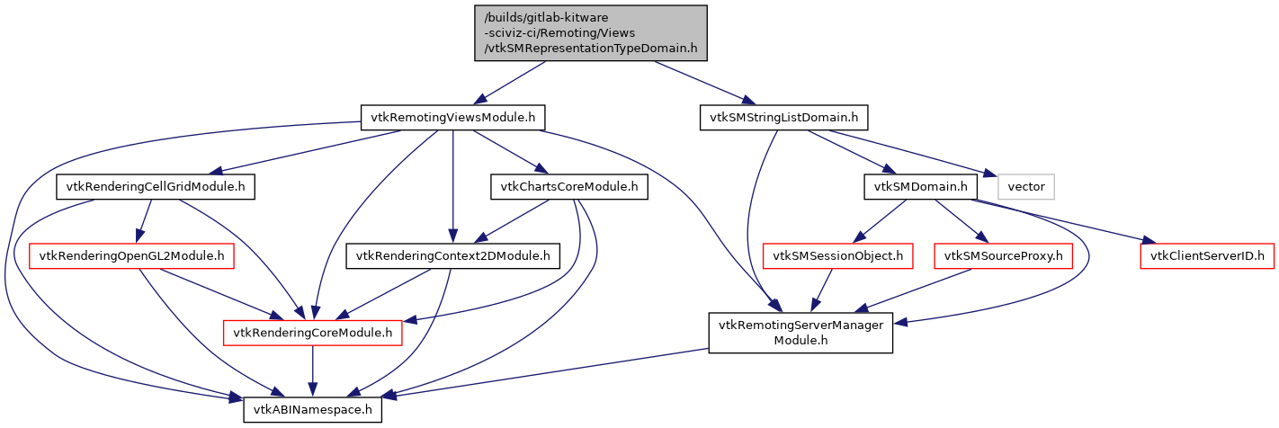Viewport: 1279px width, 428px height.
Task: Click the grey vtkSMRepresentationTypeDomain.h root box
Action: click(590, 33)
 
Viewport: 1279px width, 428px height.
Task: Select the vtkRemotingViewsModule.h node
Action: click(452, 117)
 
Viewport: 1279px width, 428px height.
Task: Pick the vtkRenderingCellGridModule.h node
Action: click(156, 187)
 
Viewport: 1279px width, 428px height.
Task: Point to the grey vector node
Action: click(1025, 187)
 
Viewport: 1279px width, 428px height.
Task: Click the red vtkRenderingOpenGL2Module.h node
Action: click(132, 256)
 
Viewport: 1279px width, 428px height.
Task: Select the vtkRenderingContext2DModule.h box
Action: click(453, 256)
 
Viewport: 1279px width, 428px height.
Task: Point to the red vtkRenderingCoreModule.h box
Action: click(312, 334)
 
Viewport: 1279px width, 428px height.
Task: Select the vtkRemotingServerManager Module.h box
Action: click(800, 333)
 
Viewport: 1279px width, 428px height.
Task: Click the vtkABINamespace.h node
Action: click(313, 409)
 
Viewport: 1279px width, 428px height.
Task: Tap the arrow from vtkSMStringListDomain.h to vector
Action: click(908, 154)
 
